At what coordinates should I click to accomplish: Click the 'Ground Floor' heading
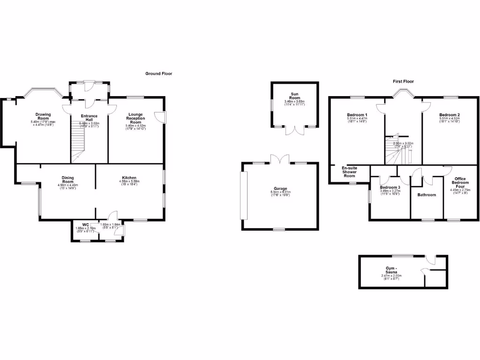tap(159, 74)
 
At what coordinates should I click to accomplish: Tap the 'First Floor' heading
tap(403, 82)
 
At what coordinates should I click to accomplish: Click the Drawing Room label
tap(43, 116)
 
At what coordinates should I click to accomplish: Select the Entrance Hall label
tap(89, 118)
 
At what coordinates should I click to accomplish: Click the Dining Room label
tap(67, 180)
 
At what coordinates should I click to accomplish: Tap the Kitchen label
tap(129, 178)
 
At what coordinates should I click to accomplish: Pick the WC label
tap(85, 225)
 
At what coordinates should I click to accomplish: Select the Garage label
tap(281, 188)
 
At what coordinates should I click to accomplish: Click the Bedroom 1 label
tap(357, 115)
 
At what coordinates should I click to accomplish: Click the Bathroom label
tap(427, 195)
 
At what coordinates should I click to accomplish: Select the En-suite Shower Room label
tap(349, 172)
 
